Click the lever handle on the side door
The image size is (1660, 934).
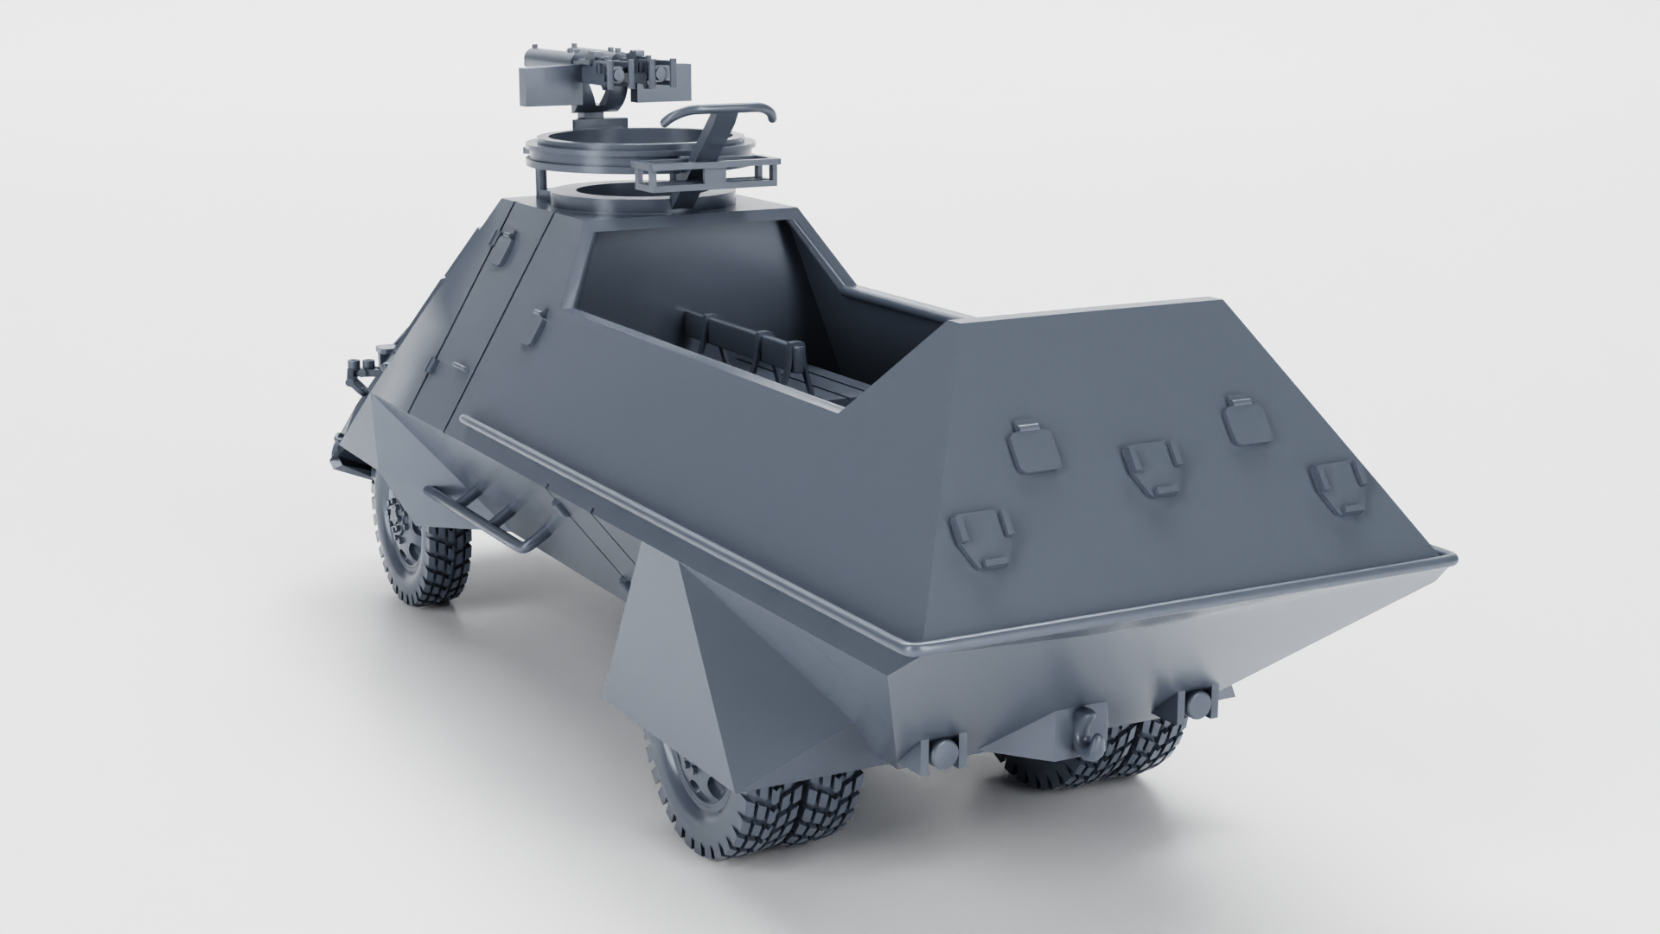tap(540, 324)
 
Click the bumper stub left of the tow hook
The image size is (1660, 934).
tap(942, 751)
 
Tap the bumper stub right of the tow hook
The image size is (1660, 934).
tap(1197, 701)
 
